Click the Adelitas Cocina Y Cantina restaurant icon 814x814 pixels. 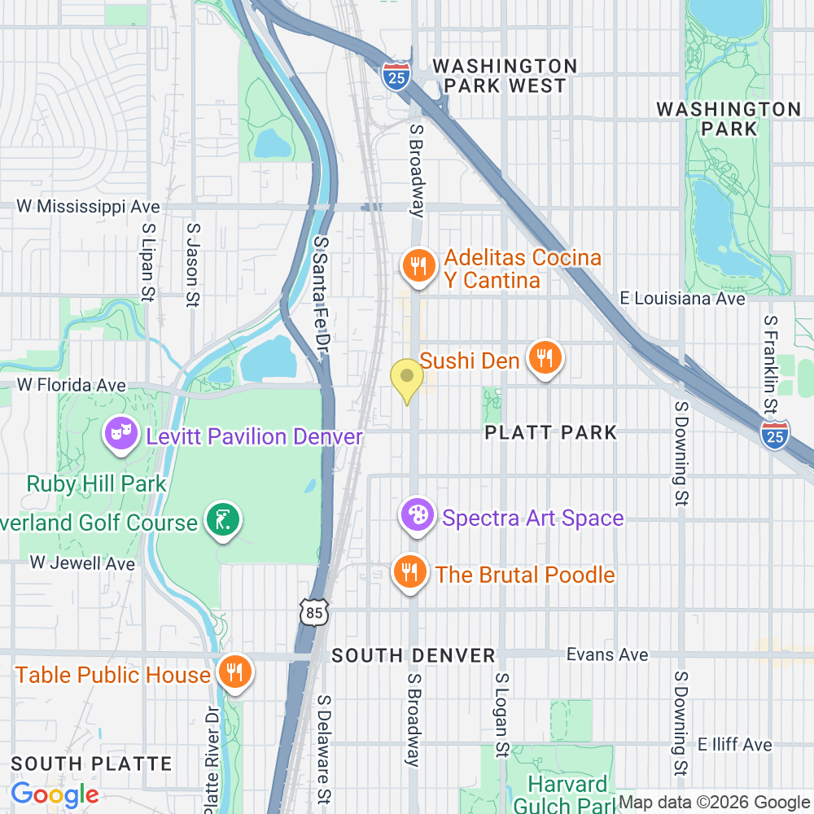[418, 266]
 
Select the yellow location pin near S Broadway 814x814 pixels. [407, 378]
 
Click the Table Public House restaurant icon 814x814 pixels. [235, 672]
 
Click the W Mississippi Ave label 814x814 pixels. [88, 207]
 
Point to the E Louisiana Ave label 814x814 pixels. [682, 299]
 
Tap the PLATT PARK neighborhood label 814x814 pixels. [550, 432]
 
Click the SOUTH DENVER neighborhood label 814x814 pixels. [414, 655]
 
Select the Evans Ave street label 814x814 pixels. [607, 654]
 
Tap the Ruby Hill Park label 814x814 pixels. [96, 484]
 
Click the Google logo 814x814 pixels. [55, 794]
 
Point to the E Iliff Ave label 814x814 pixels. [733, 744]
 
